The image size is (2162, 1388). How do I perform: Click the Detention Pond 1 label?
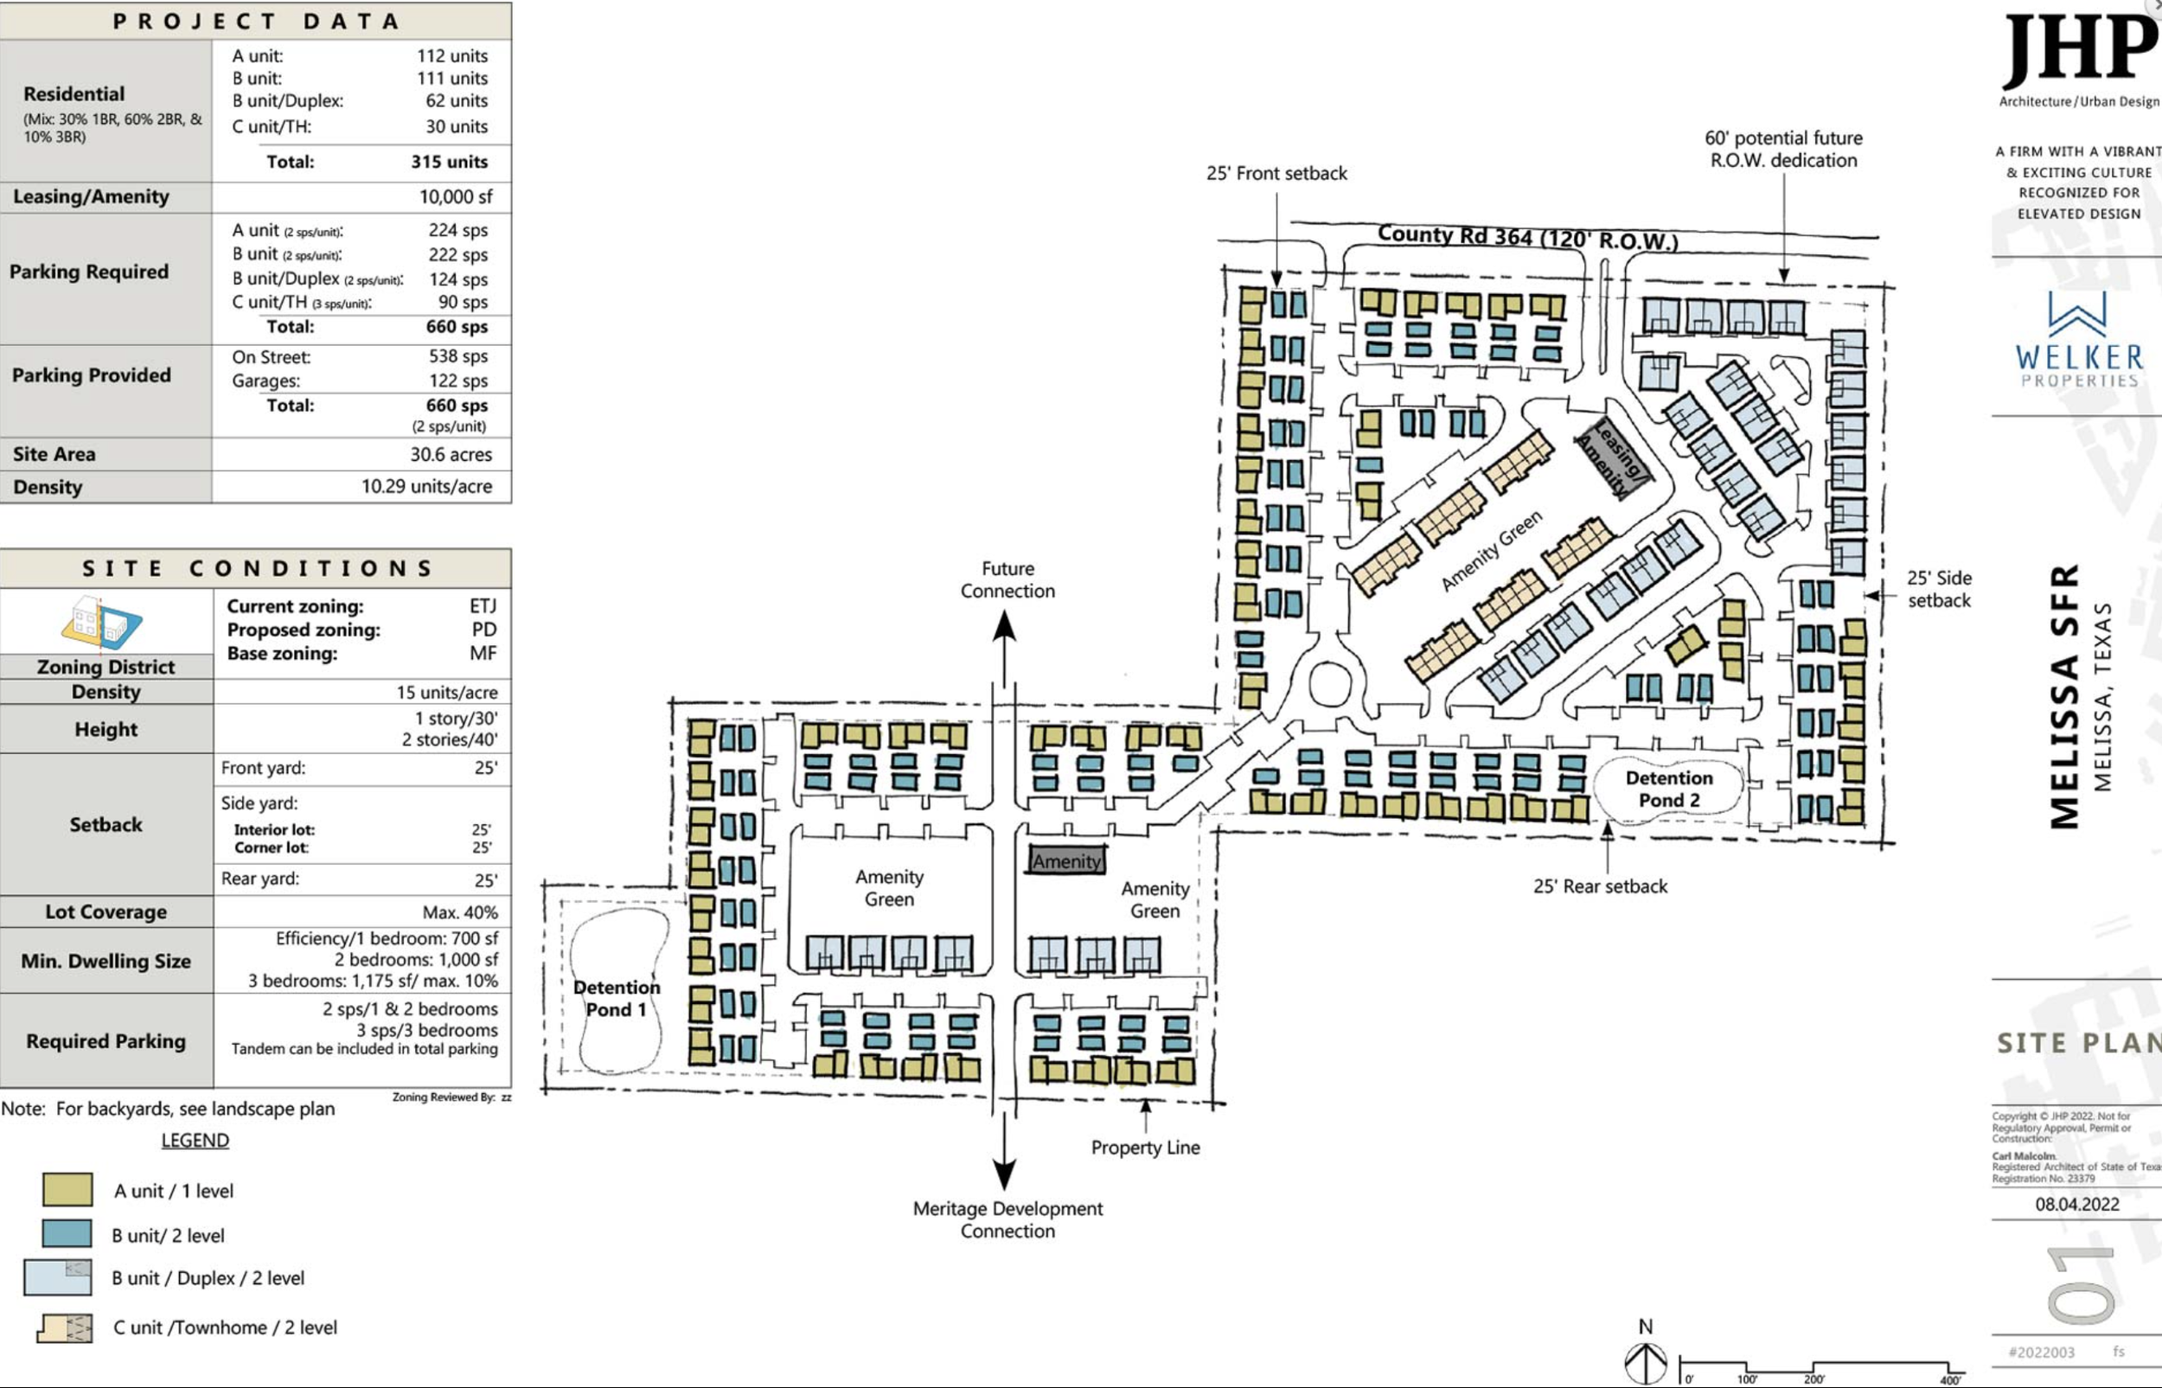point(617,998)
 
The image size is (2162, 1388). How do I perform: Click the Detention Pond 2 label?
point(1668,789)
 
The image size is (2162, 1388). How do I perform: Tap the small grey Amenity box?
point(1066,860)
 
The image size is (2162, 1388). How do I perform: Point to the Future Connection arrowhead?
point(1005,625)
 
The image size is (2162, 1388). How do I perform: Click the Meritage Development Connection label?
point(1007,1219)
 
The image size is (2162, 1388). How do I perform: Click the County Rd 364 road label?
point(1526,238)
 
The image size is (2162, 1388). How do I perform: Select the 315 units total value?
point(449,163)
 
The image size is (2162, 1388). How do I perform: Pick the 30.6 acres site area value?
point(451,454)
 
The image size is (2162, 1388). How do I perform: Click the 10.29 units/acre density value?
point(426,487)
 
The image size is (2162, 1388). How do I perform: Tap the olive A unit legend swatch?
point(67,1190)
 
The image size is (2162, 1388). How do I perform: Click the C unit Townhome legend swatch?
point(65,1327)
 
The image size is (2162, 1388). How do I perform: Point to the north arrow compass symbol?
point(1646,1362)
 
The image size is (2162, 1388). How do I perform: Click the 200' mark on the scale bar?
point(1813,1377)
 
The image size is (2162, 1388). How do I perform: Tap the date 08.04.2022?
point(2076,1204)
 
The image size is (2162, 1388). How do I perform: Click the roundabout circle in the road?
point(1327,683)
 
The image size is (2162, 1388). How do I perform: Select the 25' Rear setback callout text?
point(1600,886)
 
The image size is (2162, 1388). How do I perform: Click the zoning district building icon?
point(102,621)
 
